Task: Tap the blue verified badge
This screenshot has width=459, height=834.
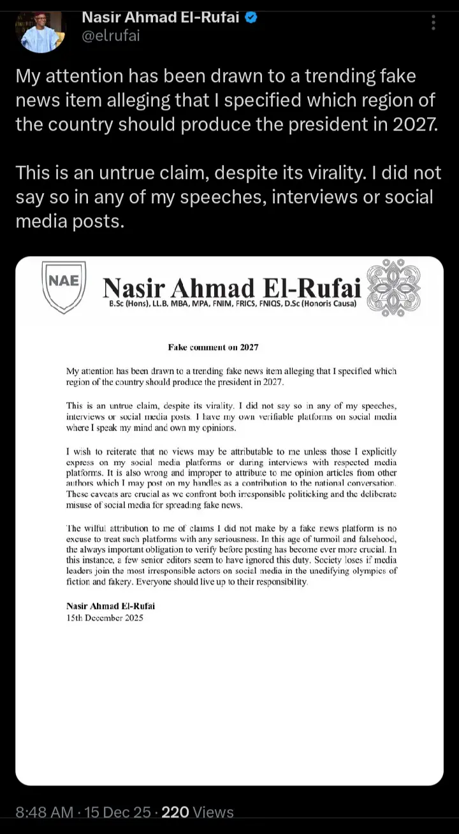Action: click(251, 18)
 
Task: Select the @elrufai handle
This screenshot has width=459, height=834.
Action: click(111, 36)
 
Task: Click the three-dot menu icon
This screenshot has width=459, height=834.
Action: click(433, 24)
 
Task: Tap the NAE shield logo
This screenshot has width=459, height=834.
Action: click(63, 287)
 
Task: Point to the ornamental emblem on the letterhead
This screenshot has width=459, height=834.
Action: click(395, 288)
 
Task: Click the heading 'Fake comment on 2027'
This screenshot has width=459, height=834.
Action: click(213, 347)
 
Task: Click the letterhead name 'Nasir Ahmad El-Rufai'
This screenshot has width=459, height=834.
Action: click(232, 288)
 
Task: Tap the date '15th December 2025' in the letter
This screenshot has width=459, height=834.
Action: click(105, 617)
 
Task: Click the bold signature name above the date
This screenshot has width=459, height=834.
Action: click(110, 606)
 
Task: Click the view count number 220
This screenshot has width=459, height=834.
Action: click(176, 812)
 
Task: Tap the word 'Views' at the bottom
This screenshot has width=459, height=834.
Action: click(214, 812)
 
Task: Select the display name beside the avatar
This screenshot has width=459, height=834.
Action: click(161, 18)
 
